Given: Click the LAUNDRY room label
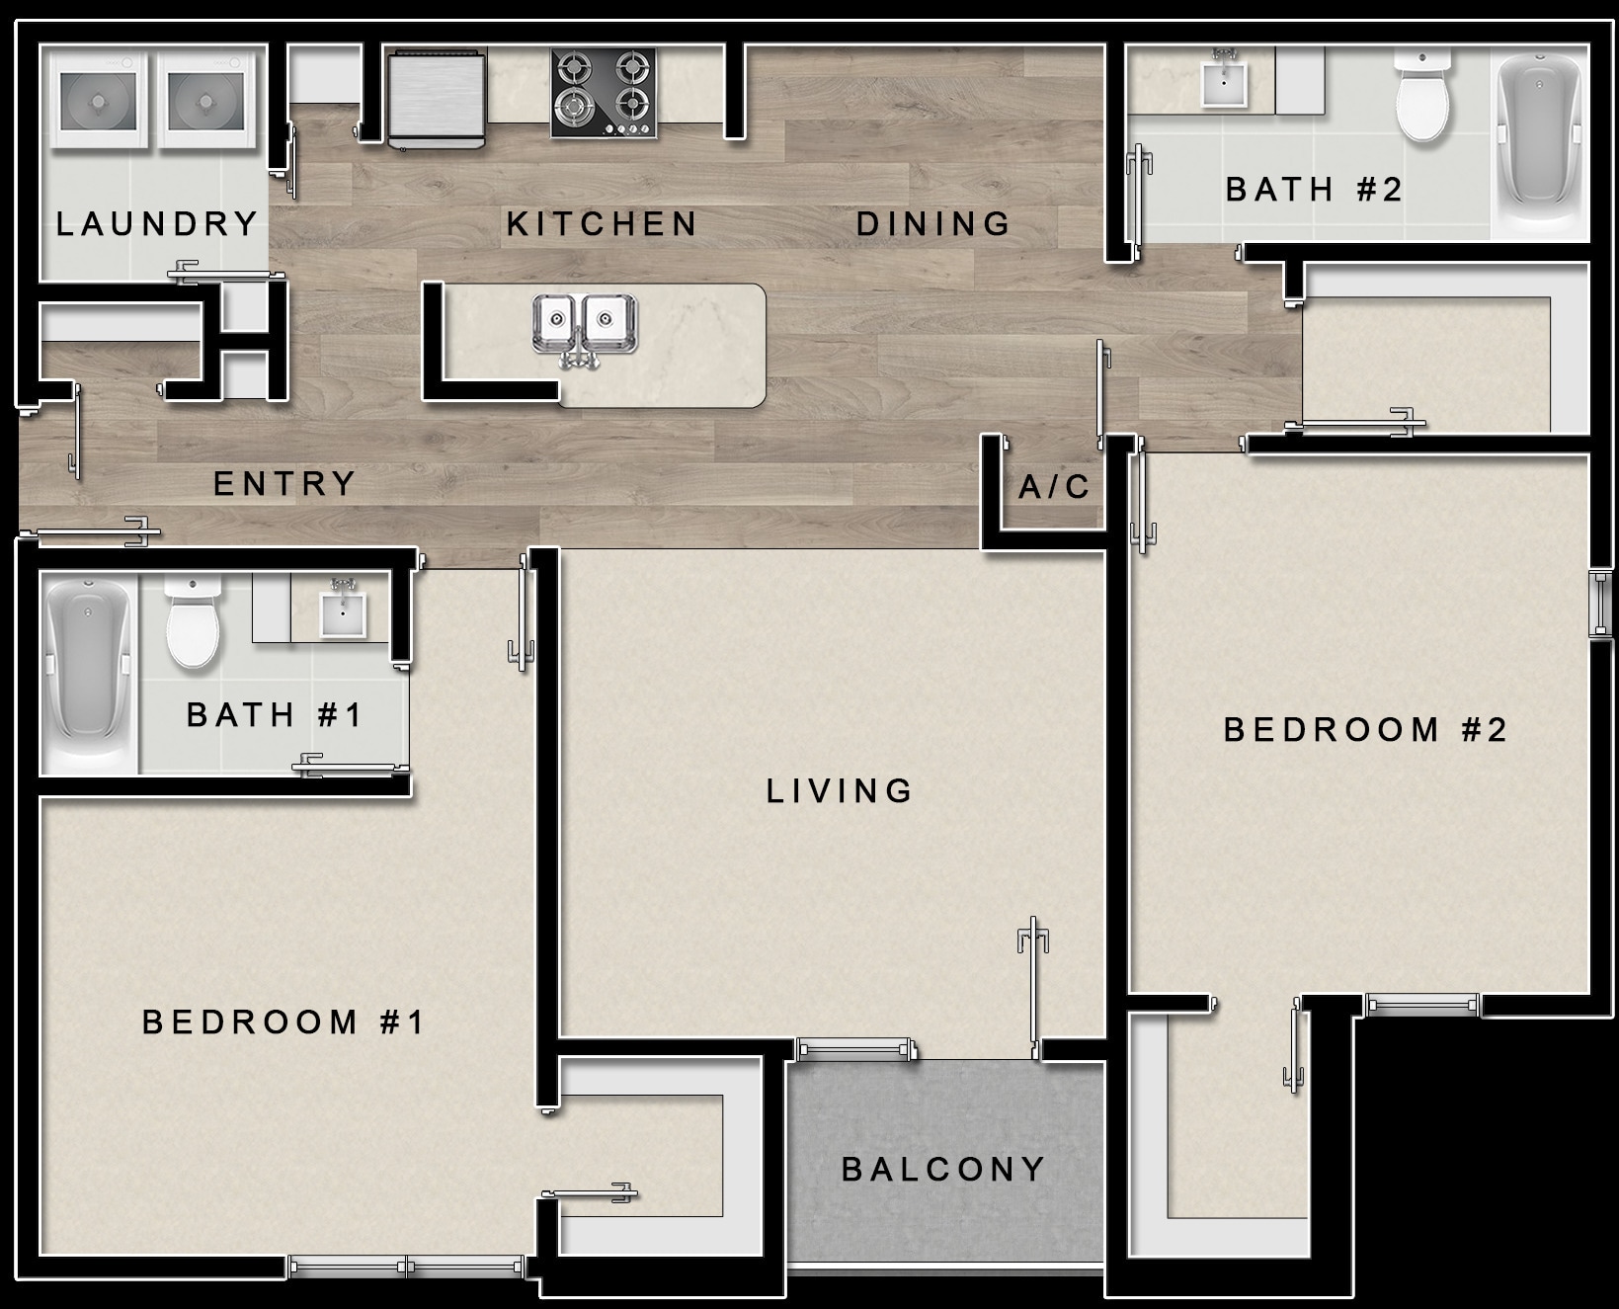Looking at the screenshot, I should click(x=157, y=224).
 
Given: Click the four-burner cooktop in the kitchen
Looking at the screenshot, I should click(x=604, y=94).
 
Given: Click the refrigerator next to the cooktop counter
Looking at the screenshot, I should click(x=437, y=99).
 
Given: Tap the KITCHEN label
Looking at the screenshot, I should click(x=602, y=224).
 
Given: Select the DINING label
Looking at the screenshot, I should click(x=932, y=224).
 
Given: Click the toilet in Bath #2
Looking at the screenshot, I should click(x=1422, y=99).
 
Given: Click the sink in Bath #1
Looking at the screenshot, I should click(x=343, y=613).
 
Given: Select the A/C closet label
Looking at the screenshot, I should click(x=1054, y=487).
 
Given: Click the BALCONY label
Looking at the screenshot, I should click(x=942, y=1170).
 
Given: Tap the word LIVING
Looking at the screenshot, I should click(x=840, y=790).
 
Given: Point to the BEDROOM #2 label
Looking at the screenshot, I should click(x=1365, y=730).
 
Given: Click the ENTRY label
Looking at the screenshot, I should click(x=284, y=484).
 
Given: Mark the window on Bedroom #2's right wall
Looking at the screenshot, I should click(x=1599, y=603).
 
